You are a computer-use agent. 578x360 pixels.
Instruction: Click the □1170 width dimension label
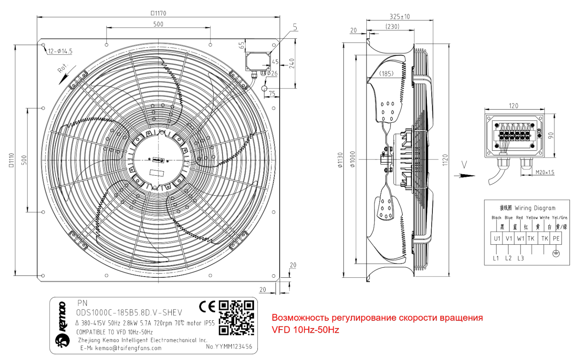point(158,13)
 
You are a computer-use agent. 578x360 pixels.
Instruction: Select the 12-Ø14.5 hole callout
point(60,51)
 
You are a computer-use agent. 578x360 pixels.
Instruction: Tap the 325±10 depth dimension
point(400,17)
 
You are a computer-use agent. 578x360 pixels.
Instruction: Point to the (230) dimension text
point(392,27)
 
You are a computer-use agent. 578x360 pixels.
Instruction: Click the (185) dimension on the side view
point(386,73)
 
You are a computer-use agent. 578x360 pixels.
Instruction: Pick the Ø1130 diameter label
point(340,160)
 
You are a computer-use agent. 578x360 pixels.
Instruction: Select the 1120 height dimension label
point(445,160)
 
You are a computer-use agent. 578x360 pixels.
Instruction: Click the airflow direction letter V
point(464,165)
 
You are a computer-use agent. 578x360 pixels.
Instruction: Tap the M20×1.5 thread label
point(545,172)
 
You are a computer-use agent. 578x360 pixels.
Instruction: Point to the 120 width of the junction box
point(513,106)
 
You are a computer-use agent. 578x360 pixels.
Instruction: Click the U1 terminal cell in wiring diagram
point(497,238)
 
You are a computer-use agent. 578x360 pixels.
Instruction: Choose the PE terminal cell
point(556,238)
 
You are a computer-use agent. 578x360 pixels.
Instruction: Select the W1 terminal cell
point(520,238)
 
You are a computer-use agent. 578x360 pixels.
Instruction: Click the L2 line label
point(508,258)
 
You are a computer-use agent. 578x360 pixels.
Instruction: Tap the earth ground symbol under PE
point(556,253)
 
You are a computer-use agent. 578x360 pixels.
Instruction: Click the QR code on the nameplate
point(236,318)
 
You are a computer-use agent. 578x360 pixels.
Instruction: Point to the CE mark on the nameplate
point(207,307)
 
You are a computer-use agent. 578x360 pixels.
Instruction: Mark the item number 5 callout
point(295,27)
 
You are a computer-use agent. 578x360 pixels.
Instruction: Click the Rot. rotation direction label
point(62,68)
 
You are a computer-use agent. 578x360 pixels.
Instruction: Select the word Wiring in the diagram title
point(523,208)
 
